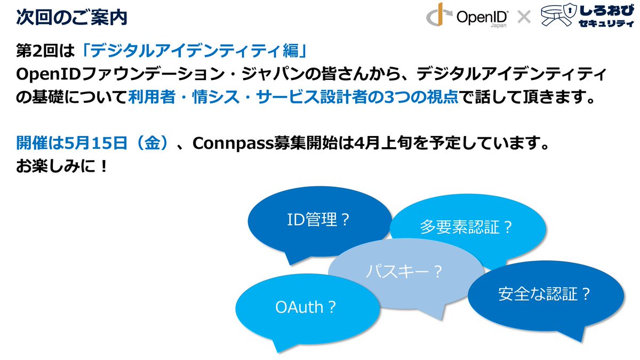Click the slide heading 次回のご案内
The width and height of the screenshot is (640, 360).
pyautogui.click(x=71, y=17)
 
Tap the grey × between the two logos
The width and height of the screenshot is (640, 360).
pyautogui.click(x=524, y=18)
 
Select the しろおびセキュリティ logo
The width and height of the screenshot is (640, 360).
pyautogui.click(x=587, y=17)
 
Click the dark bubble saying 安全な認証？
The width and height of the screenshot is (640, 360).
pyautogui.click(x=545, y=293)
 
